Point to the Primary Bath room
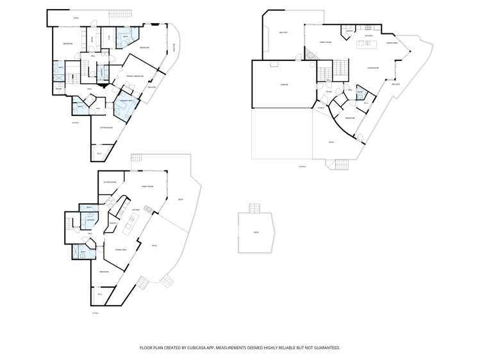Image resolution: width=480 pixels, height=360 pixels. [124, 102]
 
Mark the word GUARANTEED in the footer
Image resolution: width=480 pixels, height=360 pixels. [324, 348]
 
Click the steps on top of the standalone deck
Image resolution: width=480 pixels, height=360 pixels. [255, 208]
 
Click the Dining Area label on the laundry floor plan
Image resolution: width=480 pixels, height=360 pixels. [120, 249]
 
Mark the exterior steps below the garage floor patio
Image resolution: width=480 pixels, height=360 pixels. [343, 164]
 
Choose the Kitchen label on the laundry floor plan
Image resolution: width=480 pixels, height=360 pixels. [135, 209]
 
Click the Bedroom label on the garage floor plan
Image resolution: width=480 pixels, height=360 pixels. [349, 119]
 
